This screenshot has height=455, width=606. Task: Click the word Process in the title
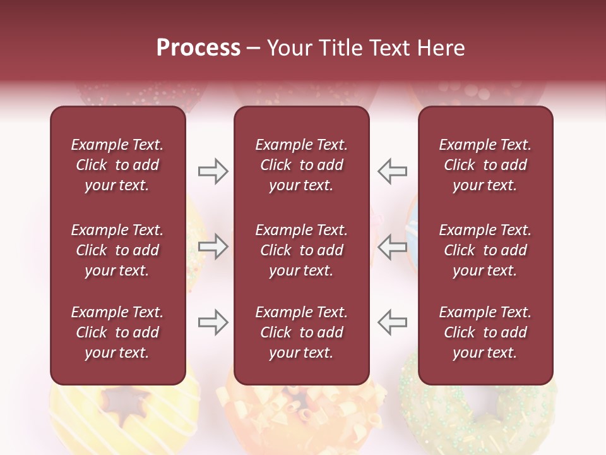(198, 48)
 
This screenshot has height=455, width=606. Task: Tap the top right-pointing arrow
(213, 171)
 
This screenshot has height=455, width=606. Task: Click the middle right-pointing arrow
(213, 246)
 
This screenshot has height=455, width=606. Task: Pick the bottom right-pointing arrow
(213, 322)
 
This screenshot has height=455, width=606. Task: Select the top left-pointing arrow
(392, 171)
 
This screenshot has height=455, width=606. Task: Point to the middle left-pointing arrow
(392, 246)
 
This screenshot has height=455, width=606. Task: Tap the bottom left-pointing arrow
(392, 322)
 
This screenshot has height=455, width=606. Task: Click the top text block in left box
(117, 165)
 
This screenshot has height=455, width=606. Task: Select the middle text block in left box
(117, 250)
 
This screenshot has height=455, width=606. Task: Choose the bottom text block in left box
(117, 332)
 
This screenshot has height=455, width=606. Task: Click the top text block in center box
(301, 165)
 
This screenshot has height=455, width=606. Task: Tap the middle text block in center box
(301, 250)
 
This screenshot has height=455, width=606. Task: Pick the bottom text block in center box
(301, 332)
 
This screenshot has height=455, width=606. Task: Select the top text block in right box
(485, 165)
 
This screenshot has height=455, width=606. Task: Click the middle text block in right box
(485, 250)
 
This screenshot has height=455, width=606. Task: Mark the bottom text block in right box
(485, 332)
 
